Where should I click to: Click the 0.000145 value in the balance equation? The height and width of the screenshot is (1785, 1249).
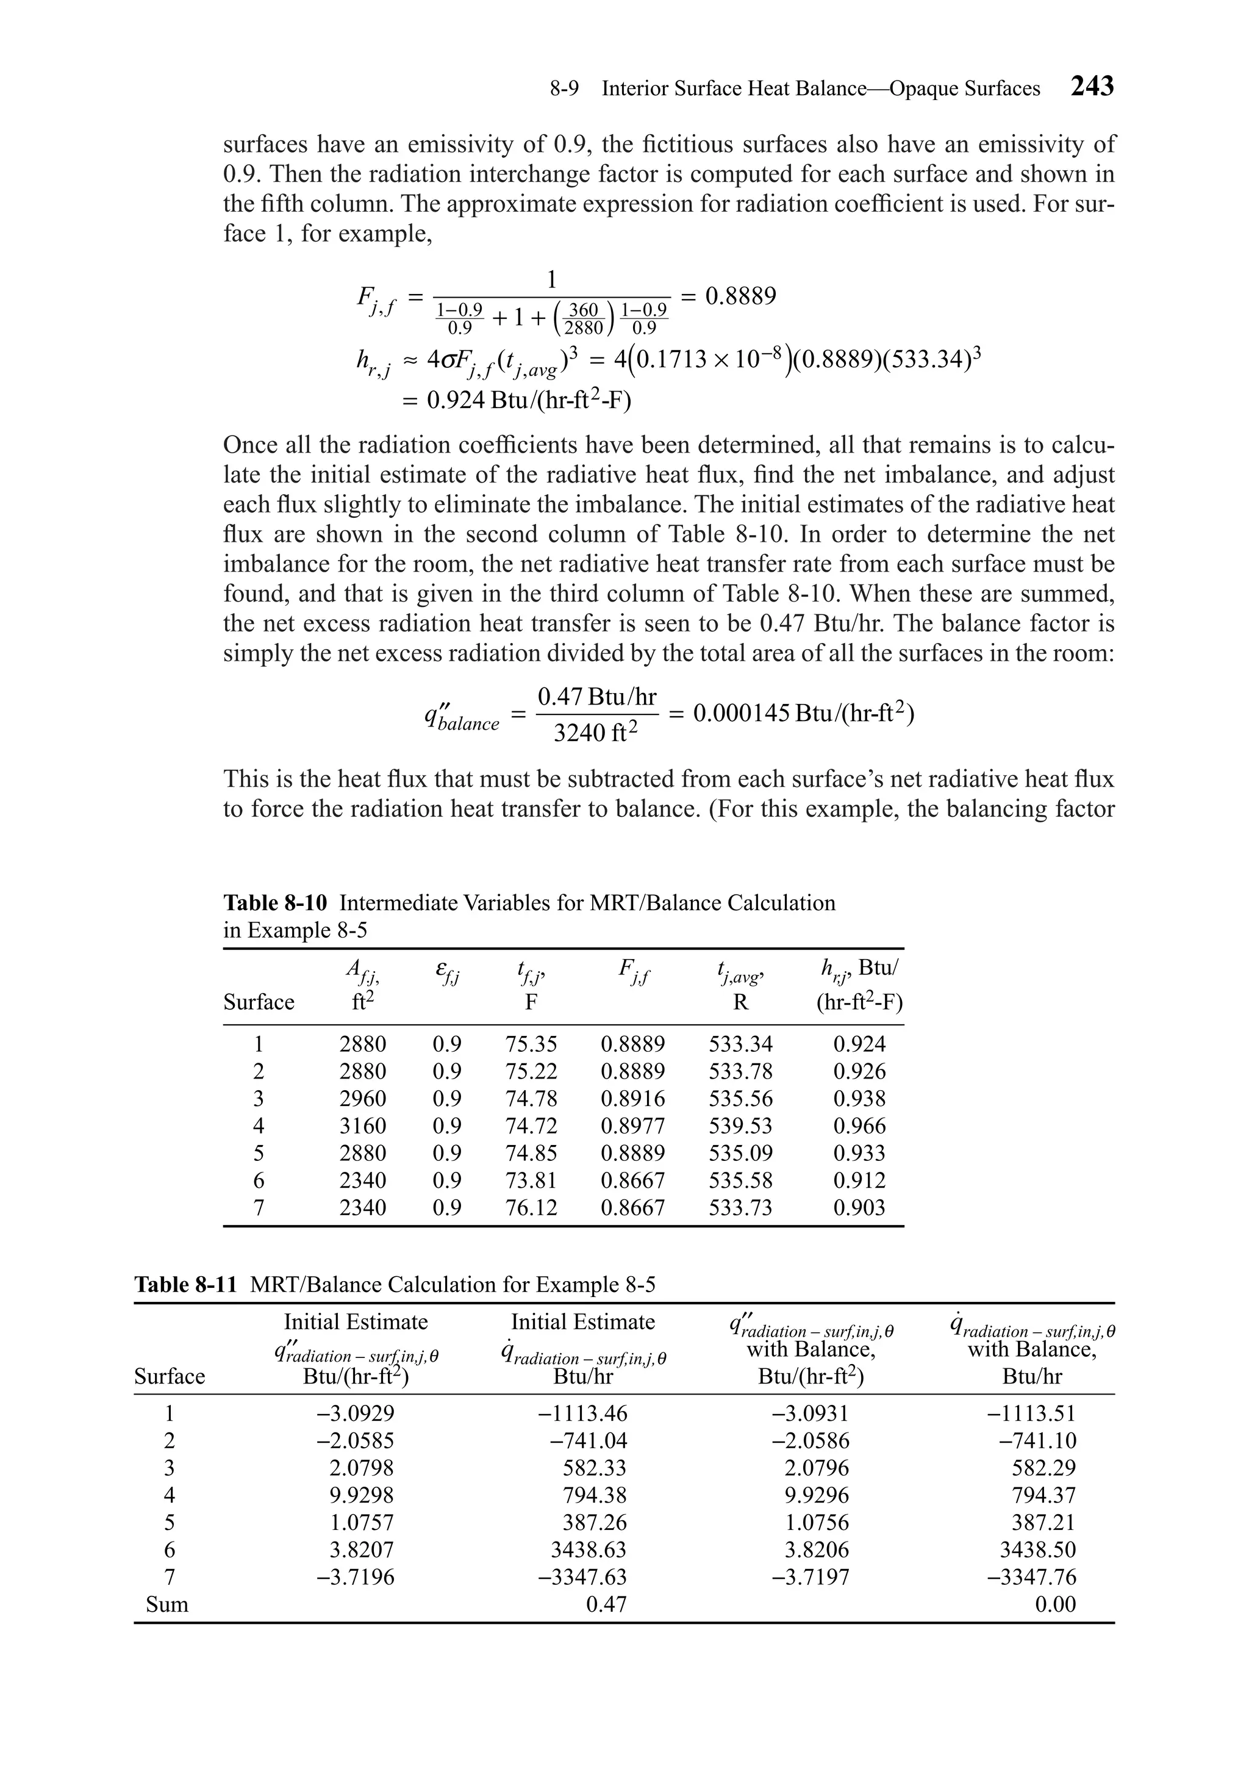point(742,713)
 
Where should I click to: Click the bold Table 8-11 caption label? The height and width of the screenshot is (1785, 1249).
point(185,1284)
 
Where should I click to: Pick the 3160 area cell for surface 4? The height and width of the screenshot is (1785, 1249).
point(362,1126)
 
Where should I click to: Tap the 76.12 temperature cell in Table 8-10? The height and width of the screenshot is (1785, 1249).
point(531,1207)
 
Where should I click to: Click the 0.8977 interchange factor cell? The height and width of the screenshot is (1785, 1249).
point(632,1126)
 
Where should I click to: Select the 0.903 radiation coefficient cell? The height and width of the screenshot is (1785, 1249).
point(859,1207)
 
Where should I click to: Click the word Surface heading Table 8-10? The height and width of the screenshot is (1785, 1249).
point(258,1002)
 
